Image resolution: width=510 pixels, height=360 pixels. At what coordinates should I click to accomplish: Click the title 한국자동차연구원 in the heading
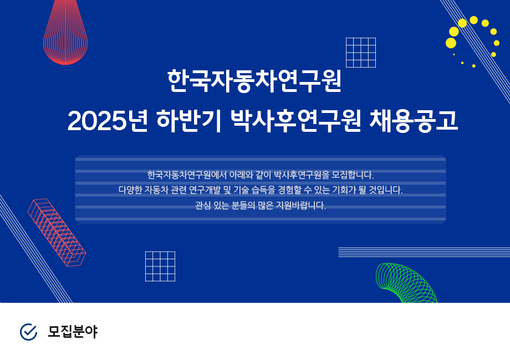pos(254,81)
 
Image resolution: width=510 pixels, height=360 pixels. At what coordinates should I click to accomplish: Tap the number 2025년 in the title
pos(108,121)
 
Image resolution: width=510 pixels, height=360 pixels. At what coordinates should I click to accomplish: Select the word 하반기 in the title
pos(189,121)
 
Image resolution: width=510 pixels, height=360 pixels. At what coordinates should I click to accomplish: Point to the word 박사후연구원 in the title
pos(295,121)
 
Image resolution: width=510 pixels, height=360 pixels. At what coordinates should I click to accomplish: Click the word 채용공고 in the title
pos(414,121)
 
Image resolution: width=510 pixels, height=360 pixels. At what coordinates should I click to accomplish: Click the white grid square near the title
pos(361,53)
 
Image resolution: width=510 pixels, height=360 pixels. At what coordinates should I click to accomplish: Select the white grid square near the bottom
pos(160,266)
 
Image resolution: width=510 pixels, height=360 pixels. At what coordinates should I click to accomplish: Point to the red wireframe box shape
pos(57,233)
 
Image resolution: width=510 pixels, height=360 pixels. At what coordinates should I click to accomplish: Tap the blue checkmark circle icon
pos(29,332)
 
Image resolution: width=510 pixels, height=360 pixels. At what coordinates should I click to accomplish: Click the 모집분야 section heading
pos(73,332)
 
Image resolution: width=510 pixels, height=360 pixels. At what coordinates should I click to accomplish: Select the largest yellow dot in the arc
pos(451,43)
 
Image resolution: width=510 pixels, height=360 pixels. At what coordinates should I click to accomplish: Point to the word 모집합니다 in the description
pos(352,175)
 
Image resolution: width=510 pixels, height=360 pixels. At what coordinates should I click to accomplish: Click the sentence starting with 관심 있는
pos(260,205)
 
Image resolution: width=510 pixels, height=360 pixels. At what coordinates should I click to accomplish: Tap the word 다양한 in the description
pos(130,190)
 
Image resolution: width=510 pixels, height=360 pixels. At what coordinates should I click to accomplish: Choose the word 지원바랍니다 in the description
pos(301,205)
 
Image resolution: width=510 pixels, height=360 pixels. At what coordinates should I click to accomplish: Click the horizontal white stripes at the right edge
pos(424,253)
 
